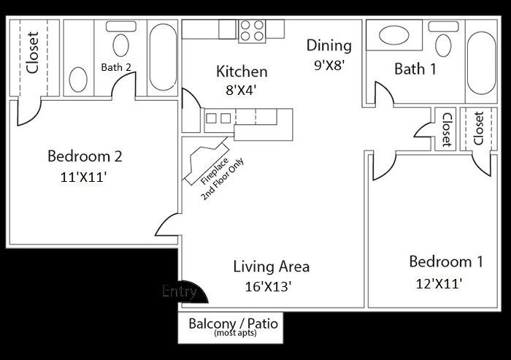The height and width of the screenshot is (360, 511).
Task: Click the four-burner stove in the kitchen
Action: [x=253, y=30]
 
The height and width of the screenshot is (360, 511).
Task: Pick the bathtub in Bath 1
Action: [x=480, y=62]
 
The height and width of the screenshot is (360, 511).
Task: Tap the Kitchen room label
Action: [x=242, y=72]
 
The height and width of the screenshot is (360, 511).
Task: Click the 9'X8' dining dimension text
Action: [x=329, y=64]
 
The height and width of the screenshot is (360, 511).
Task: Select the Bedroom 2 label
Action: [x=84, y=156]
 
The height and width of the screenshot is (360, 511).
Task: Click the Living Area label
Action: [x=271, y=266]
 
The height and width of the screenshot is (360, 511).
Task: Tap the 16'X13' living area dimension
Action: [x=269, y=286]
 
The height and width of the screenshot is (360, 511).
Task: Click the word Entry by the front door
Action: [x=180, y=291]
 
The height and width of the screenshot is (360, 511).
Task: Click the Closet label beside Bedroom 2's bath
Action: [x=32, y=55]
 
